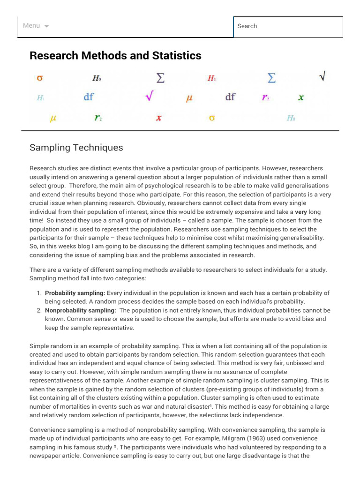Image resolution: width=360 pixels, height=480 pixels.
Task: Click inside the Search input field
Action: pos(288,26)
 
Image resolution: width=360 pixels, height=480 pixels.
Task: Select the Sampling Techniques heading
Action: pos(76,148)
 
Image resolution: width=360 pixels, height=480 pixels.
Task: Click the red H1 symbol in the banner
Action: pos(211,78)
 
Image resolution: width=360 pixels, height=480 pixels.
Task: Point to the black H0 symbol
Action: pos(97,78)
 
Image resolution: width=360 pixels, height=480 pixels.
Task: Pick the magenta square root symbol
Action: pos(149,97)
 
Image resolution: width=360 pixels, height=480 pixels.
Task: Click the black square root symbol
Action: pos(322,76)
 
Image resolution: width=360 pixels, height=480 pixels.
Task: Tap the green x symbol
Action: pos(301,97)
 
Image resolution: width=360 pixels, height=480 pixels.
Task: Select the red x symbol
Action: pos(158,118)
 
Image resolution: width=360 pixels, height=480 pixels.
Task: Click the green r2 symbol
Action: pos(98,118)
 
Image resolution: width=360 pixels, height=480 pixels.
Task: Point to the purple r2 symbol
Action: pos(265,97)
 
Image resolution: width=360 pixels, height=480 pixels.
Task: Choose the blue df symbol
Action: pos(89,97)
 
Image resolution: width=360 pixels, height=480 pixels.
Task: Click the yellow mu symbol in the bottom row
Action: pos(53,118)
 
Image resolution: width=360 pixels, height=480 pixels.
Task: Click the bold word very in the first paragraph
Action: pos(300,212)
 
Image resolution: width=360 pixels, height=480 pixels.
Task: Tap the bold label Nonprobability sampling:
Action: pos(80,310)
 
